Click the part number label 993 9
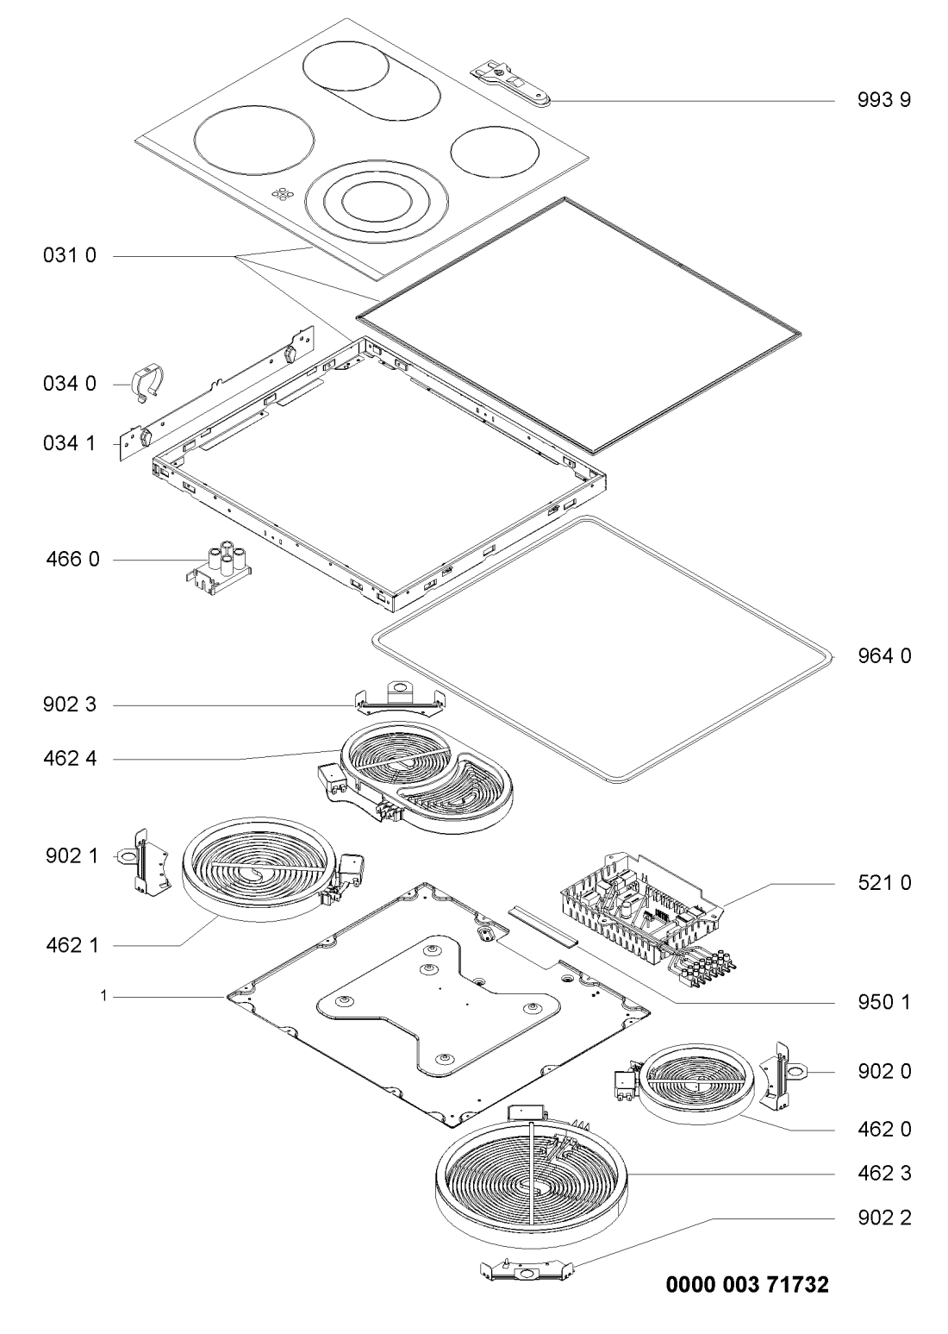(x=883, y=100)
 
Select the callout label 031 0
(x=70, y=255)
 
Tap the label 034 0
(x=70, y=384)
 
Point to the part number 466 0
(x=72, y=559)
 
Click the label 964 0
(x=884, y=655)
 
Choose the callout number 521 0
(x=884, y=883)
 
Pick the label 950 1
(x=884, y=1002)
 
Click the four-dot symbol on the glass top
(x=283, y=193)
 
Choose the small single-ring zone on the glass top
(x=496, y=152)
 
